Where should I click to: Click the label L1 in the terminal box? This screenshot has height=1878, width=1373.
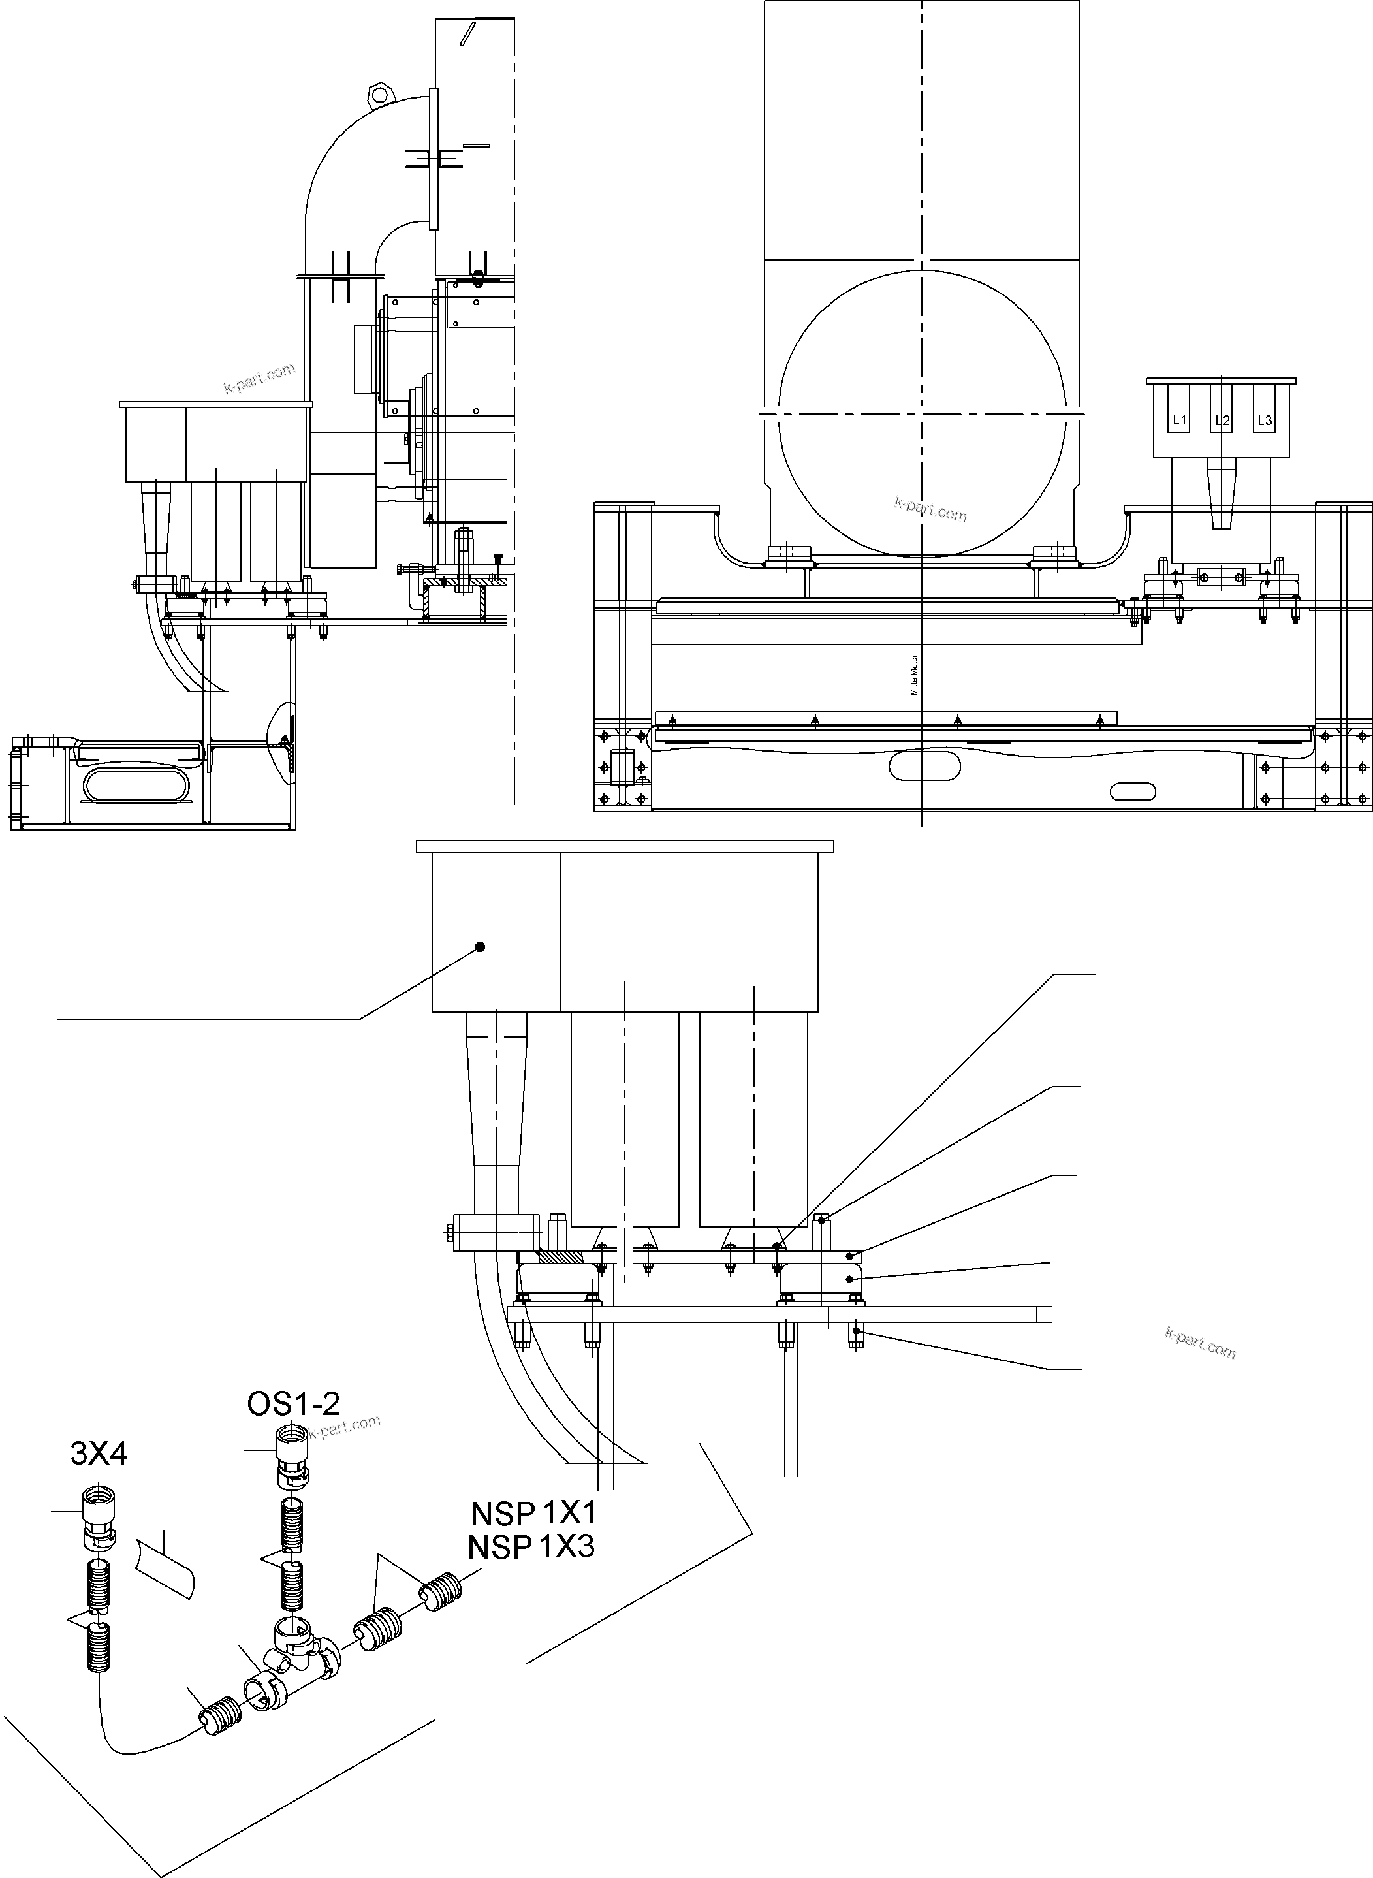click(1178, 420)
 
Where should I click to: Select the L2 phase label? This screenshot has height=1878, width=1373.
click(1222, 421)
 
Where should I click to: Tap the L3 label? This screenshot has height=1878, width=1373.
click(1264, 420)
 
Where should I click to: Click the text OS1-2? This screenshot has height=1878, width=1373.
click(293, 1403)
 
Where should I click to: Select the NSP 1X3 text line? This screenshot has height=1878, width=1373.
click(531, 1546)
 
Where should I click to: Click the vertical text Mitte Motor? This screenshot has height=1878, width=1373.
click(914, 675)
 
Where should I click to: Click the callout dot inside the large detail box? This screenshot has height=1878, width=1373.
click(480, 946)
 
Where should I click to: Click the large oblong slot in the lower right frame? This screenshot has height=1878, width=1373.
click(925, 766)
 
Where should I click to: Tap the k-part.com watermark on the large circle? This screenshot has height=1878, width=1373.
click(931, 508)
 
